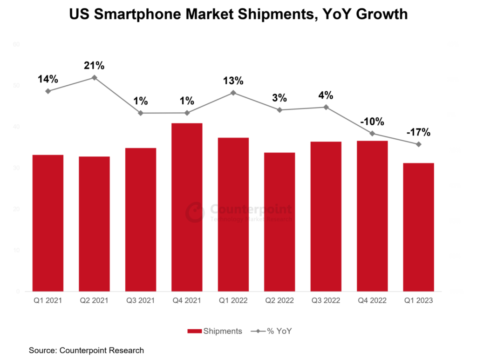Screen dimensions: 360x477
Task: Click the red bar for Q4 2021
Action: tap(187, 207)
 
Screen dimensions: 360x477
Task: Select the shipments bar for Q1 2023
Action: tap(418, 227)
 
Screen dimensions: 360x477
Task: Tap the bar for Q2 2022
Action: tap(279, 222)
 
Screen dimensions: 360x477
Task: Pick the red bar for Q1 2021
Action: tap(48, 223)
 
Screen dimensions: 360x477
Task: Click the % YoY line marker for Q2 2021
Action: tap(94, 78)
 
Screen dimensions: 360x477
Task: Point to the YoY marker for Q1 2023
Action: tap(419, 144)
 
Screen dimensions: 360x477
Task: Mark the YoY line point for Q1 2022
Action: tap(233, 93)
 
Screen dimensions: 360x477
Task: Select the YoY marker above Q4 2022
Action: tap(372, 134)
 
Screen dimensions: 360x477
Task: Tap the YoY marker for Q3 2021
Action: tap(141, 113)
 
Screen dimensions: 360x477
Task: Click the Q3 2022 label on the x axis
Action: tap(326, 301)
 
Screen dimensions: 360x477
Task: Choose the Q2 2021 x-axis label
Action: tap(94, 301)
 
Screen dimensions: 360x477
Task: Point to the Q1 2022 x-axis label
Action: tap(233, 301)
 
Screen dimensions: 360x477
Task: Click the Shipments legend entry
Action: tap(215, 331)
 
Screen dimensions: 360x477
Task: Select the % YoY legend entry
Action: tap(271, 331)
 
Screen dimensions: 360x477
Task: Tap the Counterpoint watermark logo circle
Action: tap(193, 212)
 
